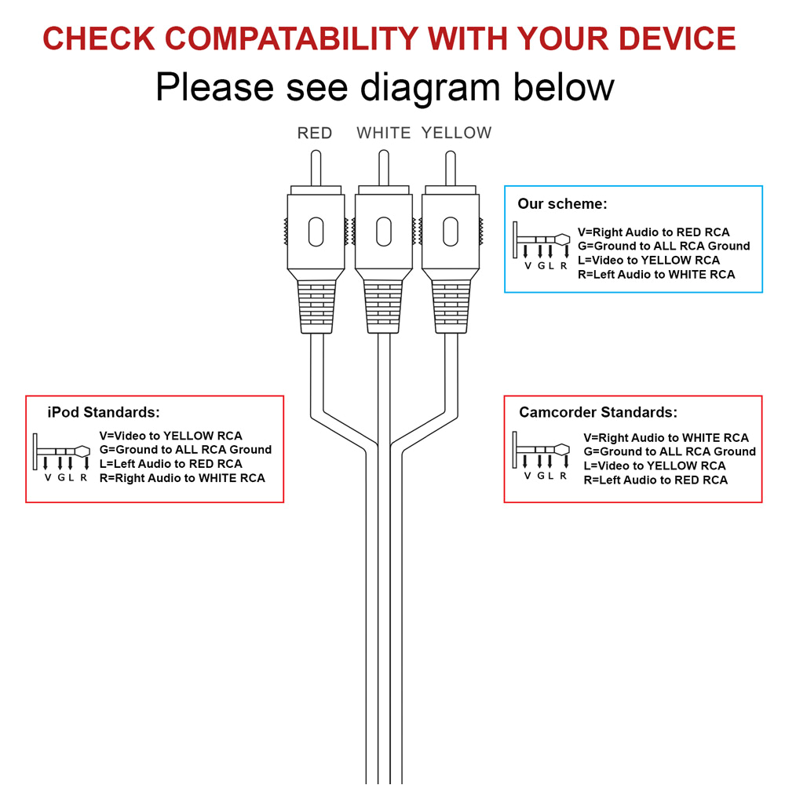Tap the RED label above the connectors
point(315,133)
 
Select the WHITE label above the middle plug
point(384,133)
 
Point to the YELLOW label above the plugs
point(456,133)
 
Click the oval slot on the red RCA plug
point(316,232)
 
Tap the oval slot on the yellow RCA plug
point(451,232)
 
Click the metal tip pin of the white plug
point(384,166)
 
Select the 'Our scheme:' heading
point(562,204)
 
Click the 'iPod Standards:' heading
point(104,412)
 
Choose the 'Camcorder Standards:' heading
point(597,412)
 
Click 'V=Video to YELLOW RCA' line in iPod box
point(170,436)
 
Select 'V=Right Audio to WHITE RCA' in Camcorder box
point(666,437)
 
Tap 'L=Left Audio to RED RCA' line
point(170,464)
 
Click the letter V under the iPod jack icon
point(47,477)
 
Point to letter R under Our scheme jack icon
point(563,265)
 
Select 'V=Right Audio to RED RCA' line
point(653,232)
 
